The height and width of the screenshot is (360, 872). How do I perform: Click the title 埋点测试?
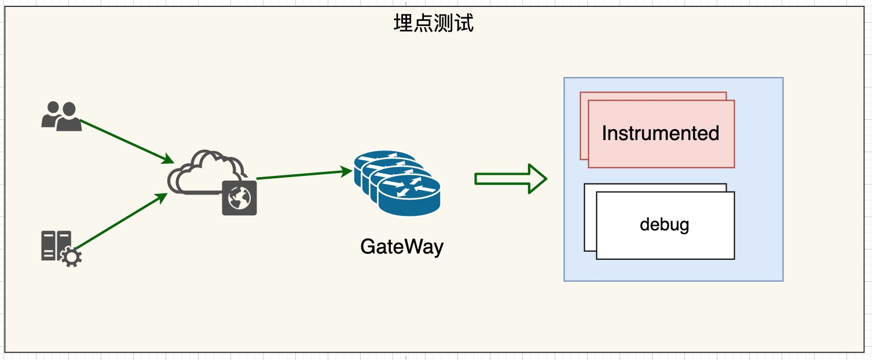coord(434,24)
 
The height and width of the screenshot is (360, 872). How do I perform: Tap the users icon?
coord(61,116)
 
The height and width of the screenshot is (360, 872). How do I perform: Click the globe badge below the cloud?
coord(239,198)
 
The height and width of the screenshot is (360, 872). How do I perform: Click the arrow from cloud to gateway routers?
coord(301,175)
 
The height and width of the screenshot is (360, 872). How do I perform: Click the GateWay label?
coord(401,247)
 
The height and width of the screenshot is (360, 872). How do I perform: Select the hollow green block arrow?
coord(510,178)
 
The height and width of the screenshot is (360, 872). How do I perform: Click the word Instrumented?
coord(660,133)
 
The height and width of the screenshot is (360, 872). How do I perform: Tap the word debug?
coord(664,223)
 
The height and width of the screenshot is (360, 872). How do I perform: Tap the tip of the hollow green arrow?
coord(545,178)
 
